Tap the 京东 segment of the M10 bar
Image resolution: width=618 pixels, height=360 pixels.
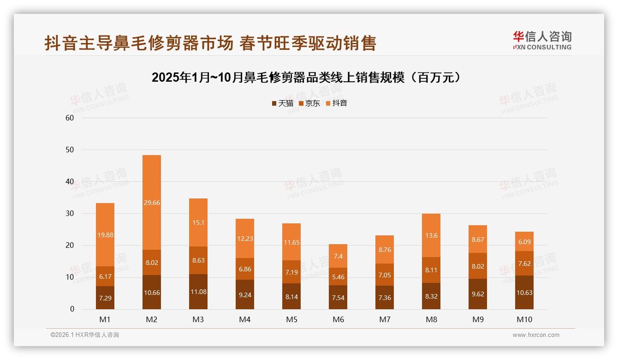tap(524, 263)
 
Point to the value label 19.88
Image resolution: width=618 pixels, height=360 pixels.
tap(105, 235)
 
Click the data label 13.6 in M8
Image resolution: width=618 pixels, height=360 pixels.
tap(432, 235)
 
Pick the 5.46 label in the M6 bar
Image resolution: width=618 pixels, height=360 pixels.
tap(338, 278)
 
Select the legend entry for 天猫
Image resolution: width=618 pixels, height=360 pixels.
tap(283, 103)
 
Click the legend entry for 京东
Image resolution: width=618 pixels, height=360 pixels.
tap(309, 103)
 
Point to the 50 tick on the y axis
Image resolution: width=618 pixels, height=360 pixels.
tap(70, 150)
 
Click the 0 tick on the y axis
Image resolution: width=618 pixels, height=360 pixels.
tap(72, 309)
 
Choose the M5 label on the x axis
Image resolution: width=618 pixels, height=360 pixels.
tap(291, 320)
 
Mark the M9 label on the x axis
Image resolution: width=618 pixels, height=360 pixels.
tap(478, 320)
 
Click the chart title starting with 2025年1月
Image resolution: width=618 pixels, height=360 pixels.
tap(306, 78)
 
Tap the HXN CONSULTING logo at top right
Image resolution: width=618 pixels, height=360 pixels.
tap(542, 40)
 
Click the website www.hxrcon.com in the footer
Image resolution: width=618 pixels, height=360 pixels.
tap(536, 335)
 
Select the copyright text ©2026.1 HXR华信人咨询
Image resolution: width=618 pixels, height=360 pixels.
tap(84, 335)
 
